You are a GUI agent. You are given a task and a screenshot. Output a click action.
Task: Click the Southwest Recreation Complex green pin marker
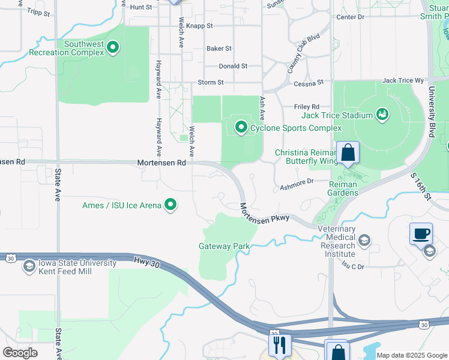(112, 46)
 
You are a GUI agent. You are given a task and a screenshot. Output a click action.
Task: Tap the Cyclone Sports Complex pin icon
(241, 127)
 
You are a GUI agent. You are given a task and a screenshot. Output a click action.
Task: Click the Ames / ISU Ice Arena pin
(171, 205)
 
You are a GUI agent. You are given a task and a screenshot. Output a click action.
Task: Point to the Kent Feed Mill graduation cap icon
(29, 266)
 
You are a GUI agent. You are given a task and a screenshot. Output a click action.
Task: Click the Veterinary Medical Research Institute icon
(364, 241)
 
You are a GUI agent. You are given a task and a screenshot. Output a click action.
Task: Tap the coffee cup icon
(421, 233)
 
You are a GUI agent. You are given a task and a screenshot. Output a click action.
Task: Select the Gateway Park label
(224, 246)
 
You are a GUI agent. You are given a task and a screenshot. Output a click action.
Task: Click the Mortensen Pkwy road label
(265, 213)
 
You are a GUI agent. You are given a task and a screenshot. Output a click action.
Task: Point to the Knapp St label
(199, 26)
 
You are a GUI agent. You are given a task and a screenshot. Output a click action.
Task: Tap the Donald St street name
(233, 66)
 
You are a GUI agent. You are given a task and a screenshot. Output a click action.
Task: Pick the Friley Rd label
(306, 107)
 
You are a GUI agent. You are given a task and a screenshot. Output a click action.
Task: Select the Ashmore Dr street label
(297, 184)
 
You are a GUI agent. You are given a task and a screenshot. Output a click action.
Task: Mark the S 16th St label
(421, 187)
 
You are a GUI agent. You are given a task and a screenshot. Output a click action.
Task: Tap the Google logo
(20, 353)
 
